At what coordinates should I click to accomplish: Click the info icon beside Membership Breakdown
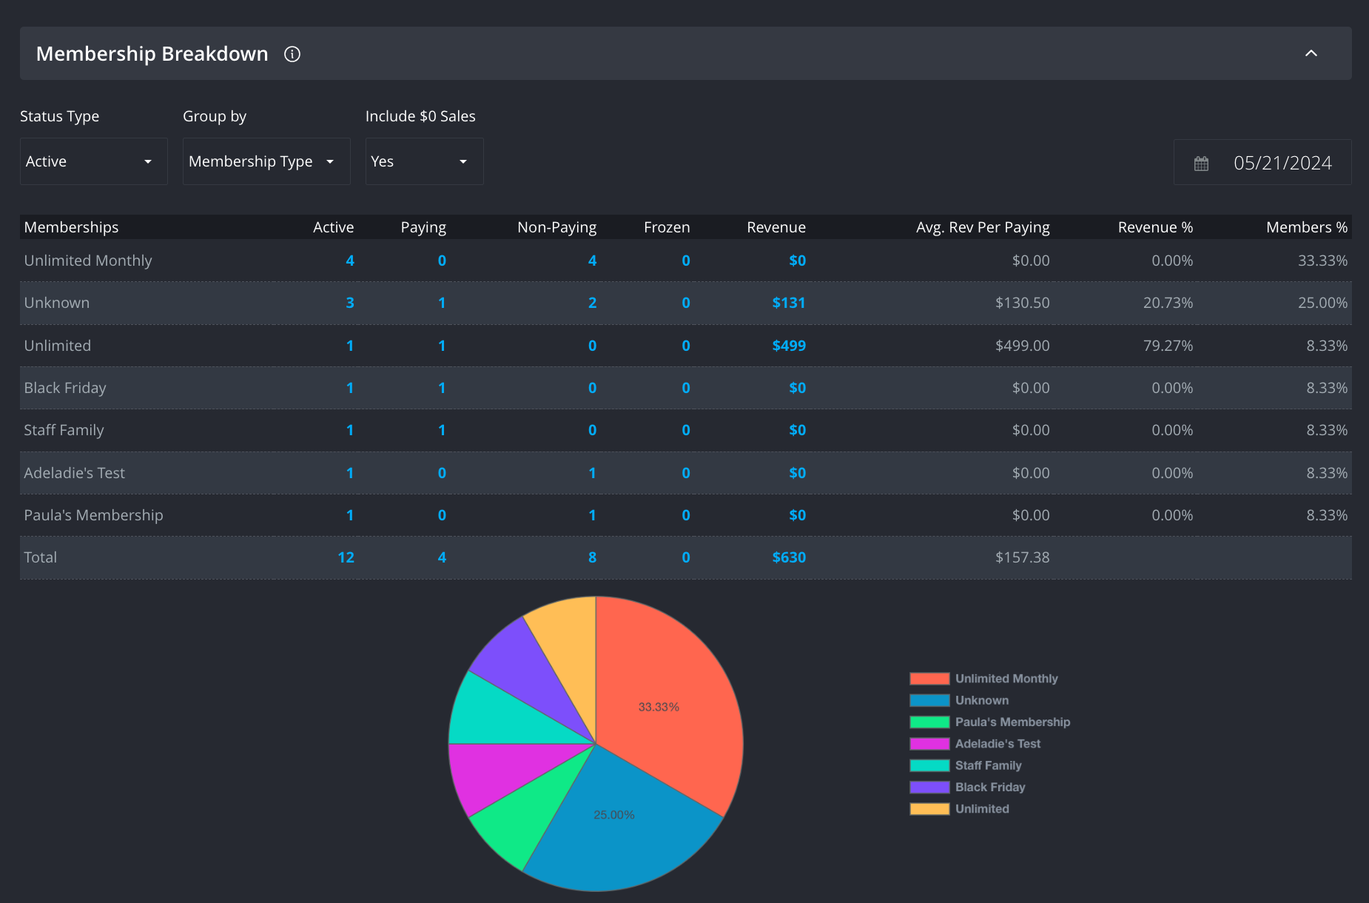(292, 54)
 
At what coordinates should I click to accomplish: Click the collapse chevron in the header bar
(1311, 53)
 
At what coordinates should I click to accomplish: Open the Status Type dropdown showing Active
(93, 161)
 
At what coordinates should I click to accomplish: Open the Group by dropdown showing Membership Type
(266, 161)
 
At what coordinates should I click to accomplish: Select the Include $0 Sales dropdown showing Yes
(423, 161)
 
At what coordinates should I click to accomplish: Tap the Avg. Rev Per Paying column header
(982, 227)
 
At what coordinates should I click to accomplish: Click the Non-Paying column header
(556, 227)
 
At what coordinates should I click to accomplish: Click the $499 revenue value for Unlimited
(788, 346)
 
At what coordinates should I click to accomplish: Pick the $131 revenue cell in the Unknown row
(788, 303)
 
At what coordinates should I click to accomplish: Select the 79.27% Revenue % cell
(1167, 346)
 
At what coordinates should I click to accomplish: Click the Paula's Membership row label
(93, 515)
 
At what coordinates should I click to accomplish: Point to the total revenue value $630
(788, 557)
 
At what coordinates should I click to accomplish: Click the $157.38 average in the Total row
(1022, 557)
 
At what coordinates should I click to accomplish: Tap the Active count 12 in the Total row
(346, 557)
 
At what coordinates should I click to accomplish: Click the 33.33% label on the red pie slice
(659, 707)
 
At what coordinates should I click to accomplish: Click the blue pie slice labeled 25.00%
(614, 815)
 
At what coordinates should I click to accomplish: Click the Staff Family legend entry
(987, 765)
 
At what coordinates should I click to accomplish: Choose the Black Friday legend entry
(989, 787)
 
